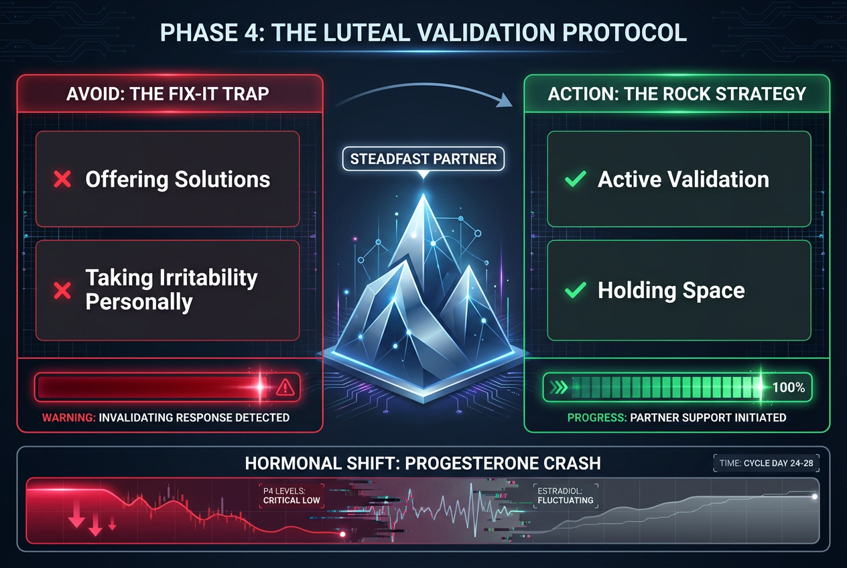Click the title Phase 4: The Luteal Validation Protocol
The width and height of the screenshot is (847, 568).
click(x=423, y=33)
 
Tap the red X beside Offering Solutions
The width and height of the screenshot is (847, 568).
click(x=62, y=180)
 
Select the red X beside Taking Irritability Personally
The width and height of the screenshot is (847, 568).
click(x=62, y=290)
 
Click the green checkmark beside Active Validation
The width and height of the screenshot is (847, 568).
click(x=574, y=180)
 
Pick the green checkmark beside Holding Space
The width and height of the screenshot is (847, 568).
click(x=574, y=290)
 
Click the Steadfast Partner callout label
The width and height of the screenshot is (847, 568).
click(x=423, y=159)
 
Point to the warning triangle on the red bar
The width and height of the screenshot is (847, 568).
click(x=285, y=386)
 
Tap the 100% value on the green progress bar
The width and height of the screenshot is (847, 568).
click(x=788, y=387)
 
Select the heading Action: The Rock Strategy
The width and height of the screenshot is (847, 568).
click(x=677, y=93)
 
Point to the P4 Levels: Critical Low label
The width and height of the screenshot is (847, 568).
click(x=292, y=495)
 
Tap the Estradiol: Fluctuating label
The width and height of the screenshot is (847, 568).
click(x=565, y=495)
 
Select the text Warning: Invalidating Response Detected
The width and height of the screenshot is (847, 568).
click(x=166, y=417)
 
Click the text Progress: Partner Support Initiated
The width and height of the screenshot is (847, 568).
click(x=676, y=417)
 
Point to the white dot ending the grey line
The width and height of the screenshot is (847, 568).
click(x=814, y=496)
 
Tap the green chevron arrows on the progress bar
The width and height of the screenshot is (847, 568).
click(x=558, y=387)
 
